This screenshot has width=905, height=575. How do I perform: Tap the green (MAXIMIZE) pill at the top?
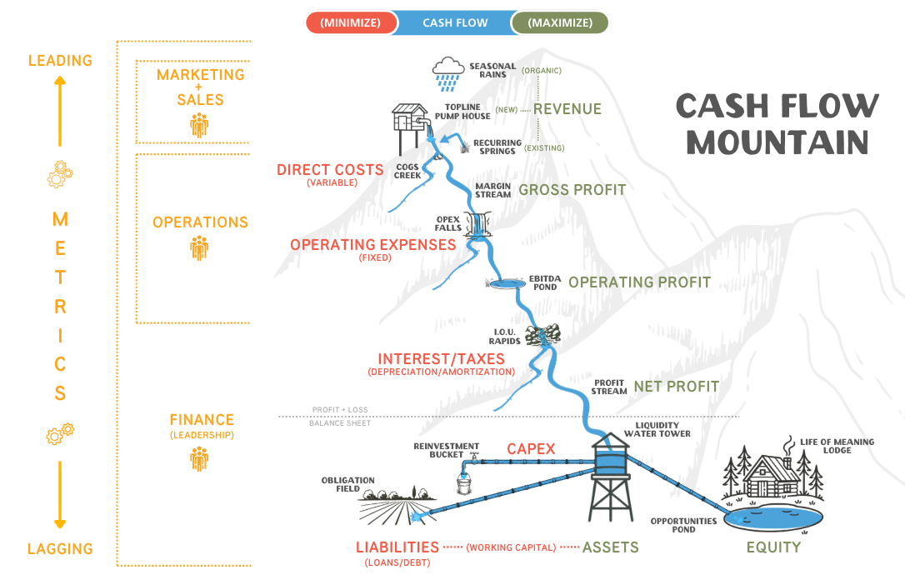click(x=560, y=22)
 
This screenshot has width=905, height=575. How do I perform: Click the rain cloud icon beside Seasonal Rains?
click(x=448, y=72)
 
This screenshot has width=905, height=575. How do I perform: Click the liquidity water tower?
click(x=612, y=475)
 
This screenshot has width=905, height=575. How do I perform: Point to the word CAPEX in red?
click(x=531, y=449)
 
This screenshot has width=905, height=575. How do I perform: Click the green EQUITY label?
click(x=773, y=547)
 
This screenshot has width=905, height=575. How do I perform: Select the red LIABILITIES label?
click(x=397, y=547)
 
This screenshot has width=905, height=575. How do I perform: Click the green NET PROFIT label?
click(x=676, y=387)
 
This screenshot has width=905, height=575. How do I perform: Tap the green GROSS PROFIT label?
click(x=572, y=190)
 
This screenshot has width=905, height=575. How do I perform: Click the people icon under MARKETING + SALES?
click(x=199, y=125)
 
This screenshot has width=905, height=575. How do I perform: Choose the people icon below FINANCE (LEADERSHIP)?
click(x=199, y=459)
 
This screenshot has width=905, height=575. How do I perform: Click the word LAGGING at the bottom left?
click(x=60, y=549)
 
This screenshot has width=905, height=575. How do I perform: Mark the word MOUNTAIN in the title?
click(x=777, y=142)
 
